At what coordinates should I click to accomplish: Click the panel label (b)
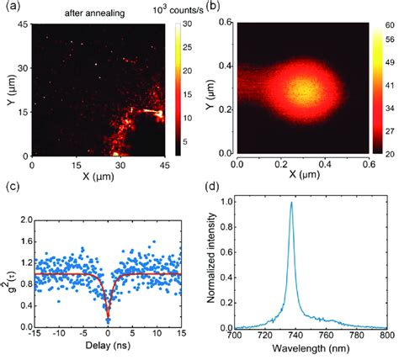(x=212, y=8)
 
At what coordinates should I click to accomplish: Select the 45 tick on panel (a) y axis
(x=24, y=25)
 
